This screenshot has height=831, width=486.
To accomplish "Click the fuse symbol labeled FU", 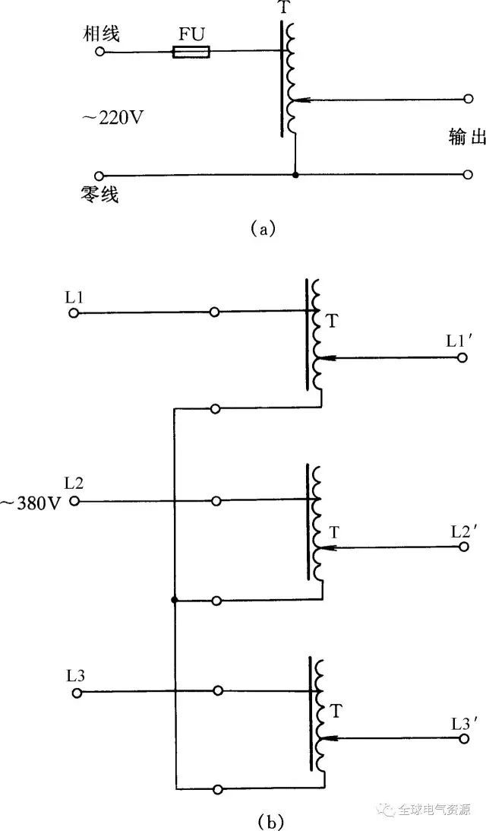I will click(x=191, y=52).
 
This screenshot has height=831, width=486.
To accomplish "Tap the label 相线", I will click(x=103, y=33).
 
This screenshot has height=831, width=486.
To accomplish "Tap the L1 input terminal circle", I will click(x=74, y=312).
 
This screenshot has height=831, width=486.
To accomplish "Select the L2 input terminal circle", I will click(x=74, y=501).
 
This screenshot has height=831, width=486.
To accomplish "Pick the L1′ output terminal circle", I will click(x=462, y=357).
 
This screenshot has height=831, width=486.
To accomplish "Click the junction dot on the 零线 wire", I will click(x=295, y=175).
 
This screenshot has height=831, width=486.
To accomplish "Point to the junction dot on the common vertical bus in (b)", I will click(x=175, y=601).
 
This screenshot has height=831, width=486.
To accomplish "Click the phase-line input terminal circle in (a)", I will click(x=99, y=52).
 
